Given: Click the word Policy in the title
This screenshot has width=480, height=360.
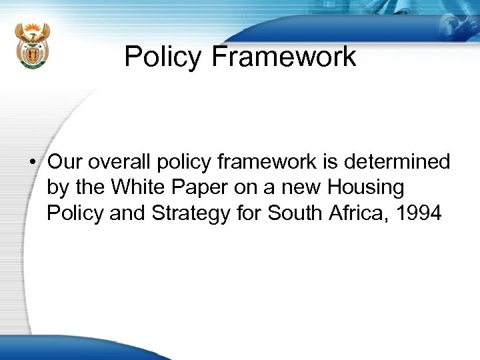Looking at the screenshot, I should pos(163,57).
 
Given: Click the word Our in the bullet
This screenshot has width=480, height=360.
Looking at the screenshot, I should pos(65,162).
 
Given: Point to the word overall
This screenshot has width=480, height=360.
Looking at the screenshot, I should pos(118,162).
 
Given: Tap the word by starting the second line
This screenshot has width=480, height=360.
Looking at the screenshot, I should pos(57,189).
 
